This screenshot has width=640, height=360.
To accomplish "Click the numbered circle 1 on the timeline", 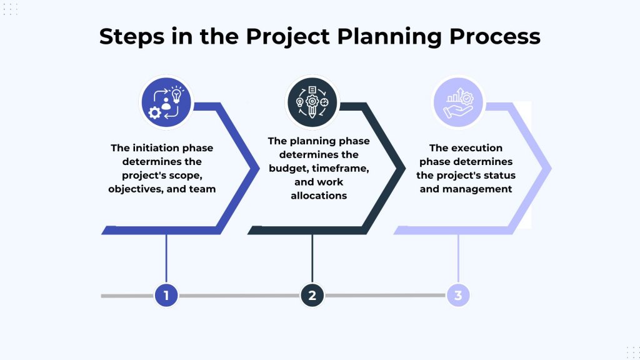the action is [166, 295].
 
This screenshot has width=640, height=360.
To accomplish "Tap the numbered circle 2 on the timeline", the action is [312, 295].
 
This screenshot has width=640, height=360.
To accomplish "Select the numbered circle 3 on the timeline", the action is [458, 295].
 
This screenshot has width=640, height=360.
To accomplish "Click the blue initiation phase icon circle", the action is [166, 102].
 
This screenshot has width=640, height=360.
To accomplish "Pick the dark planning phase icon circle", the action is [312, 102].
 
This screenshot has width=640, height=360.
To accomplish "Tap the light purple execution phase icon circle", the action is [458, 102].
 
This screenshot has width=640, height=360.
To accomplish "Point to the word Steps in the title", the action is [132, 37].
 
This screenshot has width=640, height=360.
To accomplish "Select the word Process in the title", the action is [495, 36].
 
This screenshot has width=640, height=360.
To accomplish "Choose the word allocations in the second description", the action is [319, 196].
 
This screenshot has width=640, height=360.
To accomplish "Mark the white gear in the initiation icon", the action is [155, 112].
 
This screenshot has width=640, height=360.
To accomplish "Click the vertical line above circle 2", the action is [312, 259].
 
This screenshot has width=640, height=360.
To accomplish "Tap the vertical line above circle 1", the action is [166, 259].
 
